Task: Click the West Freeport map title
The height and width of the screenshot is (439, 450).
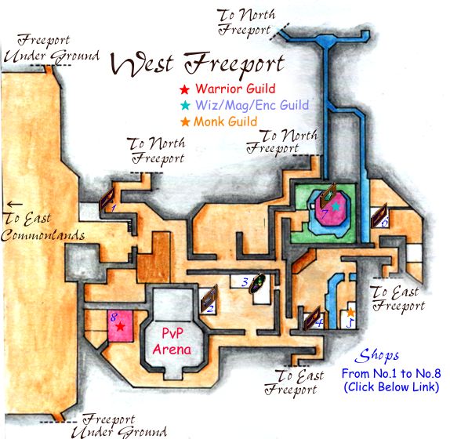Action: point(198,64)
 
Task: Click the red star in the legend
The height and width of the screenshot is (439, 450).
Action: point(184,89)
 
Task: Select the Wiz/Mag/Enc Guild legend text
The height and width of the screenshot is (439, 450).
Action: point(252,105)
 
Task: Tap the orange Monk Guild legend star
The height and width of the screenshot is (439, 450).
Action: point(185,122)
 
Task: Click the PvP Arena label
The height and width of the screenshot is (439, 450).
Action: point(172,342)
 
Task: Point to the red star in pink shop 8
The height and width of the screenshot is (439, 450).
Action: point(120,326)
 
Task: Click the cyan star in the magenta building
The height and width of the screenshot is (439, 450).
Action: point(336,205)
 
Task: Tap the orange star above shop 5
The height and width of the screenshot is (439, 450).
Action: point(350,312)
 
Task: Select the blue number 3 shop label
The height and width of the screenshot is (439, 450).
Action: point(245,282)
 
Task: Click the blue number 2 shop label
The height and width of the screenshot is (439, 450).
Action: point(210,309)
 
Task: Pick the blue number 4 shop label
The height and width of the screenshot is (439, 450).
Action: point(319,323)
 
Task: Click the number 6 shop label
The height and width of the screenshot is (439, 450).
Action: point(385,222)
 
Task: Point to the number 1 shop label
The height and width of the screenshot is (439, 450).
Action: point(114,208)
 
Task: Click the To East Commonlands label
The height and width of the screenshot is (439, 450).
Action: point(42,227)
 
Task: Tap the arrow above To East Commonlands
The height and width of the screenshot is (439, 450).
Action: point(15,204)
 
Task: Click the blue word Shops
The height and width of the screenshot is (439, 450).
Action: point(377,356)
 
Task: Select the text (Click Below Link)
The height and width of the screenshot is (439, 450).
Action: point(391,386)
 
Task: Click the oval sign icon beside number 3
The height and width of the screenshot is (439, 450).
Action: point(257,283)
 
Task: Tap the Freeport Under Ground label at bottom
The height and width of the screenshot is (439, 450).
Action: point(119,426)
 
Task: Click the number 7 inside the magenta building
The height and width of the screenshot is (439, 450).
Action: point(325,214)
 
